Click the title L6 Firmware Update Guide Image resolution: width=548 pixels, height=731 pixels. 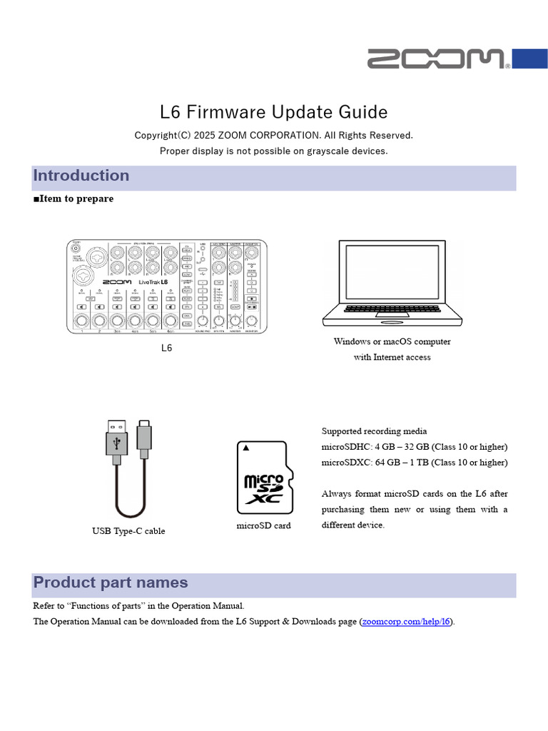click(x=273, y=112)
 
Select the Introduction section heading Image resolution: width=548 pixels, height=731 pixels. click(x=81, y=176)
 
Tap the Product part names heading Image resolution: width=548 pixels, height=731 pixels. click(x=111, y=583)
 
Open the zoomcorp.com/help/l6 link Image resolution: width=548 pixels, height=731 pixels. click(x=407, y=622)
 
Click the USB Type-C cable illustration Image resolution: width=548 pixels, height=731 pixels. click(x=128, y=468)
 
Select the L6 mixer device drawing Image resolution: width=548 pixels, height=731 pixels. click(x=167, y=286)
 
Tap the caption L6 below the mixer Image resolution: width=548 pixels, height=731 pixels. click(x=166, y=348)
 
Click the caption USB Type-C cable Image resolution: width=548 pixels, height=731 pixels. click(x=128, y=531)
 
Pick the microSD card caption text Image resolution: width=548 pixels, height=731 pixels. click(x=263, y=526)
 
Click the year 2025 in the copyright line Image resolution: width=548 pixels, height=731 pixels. click(x=204, y=135)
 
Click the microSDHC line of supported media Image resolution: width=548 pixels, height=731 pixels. click(x=415, y=447)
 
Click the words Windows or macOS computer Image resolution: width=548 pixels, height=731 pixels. click(x=392, y=341)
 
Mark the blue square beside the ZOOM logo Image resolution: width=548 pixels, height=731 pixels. click(x=530, y=59)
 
